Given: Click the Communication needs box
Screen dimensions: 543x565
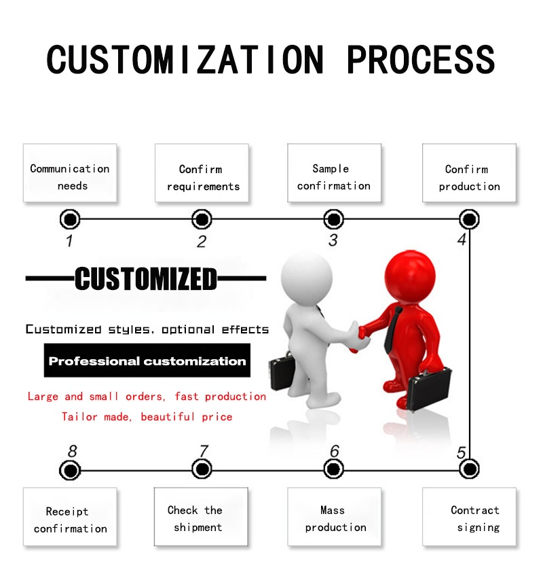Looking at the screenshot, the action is (70, 173).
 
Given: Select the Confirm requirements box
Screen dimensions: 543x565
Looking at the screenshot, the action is (202, 173).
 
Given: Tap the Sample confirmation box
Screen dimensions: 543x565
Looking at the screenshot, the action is (334, 173).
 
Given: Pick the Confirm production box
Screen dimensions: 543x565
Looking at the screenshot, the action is (469, 173).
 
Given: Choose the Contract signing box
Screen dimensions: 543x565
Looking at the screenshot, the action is (469, 517).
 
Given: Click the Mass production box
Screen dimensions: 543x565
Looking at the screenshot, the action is (334, 517).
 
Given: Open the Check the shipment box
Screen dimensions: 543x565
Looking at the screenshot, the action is (201, 517).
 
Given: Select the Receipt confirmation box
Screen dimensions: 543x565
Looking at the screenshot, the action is (70, 517).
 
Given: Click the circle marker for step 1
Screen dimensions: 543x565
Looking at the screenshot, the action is (70, 219).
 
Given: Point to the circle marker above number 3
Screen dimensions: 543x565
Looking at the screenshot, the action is (333, 219).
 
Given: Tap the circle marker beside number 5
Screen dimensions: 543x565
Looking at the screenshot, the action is (469, 469).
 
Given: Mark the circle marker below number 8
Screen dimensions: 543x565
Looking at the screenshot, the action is (70, 470).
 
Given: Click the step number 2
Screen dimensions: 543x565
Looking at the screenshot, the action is (202, 242).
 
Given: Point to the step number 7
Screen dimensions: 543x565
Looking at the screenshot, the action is (204, 451).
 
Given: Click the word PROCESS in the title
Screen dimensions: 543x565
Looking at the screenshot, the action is (421, 60).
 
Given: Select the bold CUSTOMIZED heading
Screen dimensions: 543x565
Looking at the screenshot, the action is (146, 278).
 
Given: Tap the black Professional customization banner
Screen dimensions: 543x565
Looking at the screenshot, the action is (147, 361).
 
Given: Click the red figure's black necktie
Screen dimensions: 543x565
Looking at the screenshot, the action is (392, 330).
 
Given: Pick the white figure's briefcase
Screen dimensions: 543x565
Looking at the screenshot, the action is (282, 372).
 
